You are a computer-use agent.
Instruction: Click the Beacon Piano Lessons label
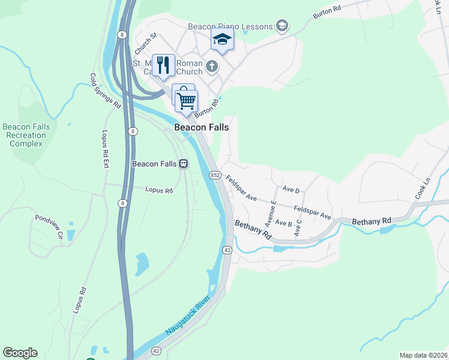pos(231,26)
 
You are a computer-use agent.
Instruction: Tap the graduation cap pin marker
pos(222,39)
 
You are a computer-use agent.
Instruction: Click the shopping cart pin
pos(187,101)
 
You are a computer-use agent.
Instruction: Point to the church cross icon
pos(211,65)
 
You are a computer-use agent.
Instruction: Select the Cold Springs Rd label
pos(106,91)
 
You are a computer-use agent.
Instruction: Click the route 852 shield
pos(215,175)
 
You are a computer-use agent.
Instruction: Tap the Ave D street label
pos(291,190)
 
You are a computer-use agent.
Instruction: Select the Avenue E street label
pos(271,211)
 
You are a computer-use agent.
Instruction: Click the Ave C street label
pos(298,227)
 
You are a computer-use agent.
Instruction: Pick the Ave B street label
pos(283,224)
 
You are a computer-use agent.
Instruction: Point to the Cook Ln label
pos(423,188)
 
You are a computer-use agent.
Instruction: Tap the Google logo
pos(20,353)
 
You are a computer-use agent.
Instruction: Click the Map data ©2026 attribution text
pos(423,355)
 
